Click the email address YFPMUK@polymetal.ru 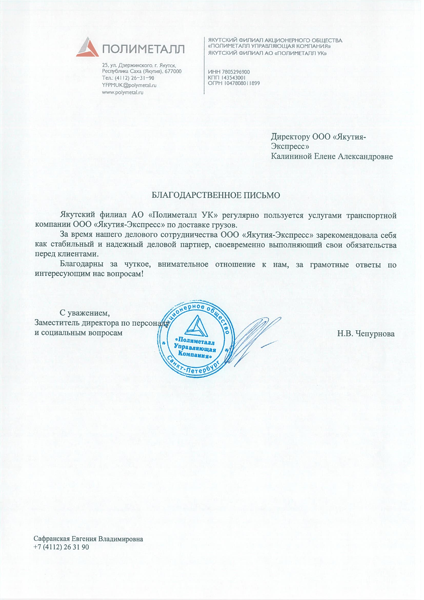click(x=129, y=85)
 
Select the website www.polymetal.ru click(x=123, y=92)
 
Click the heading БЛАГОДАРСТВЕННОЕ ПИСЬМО click(x=216, y=195)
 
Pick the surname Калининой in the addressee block click(x=291, y=157)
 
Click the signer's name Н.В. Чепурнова click(x=366, y=334)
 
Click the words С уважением click(x=85, y=313)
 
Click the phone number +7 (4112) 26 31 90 click(x=61, y=547)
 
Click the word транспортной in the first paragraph click(x=371, y=215)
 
